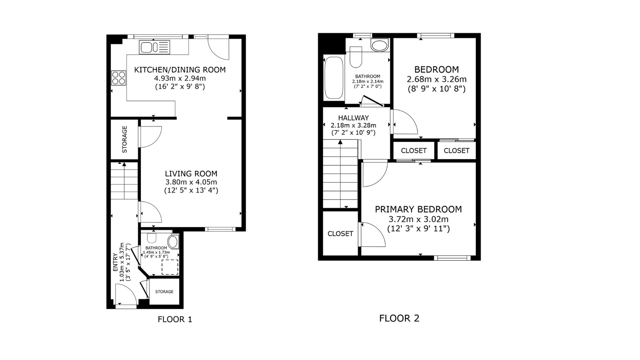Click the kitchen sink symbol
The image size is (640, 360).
[154, 47]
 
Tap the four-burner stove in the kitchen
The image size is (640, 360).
[118, 78]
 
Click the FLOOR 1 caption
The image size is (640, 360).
[175, 319]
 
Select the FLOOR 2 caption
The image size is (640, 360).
[399, 318]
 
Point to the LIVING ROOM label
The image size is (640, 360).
[191, 174]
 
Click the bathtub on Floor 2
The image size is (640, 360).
[334, 78]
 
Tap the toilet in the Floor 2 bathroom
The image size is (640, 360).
[356, 57]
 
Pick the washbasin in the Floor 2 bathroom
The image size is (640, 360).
[380, 45]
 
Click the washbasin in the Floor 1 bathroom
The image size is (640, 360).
[173, 242]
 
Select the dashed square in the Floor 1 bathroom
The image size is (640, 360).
[170, 267]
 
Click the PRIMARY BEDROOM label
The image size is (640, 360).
[418, 209]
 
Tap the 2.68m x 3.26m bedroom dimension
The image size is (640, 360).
[436, 79]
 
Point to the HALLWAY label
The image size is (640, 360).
[353, 118]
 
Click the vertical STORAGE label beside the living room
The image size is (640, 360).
[124, 139]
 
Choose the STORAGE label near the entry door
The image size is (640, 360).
[164, 292]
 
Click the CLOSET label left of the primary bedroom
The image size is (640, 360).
[340, 234]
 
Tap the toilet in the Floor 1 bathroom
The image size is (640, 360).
[152, 237]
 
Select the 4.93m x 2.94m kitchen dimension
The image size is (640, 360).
[180, 78]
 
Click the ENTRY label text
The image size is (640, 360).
[115, 262]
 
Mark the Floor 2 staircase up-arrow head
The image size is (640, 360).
[340, 142]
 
